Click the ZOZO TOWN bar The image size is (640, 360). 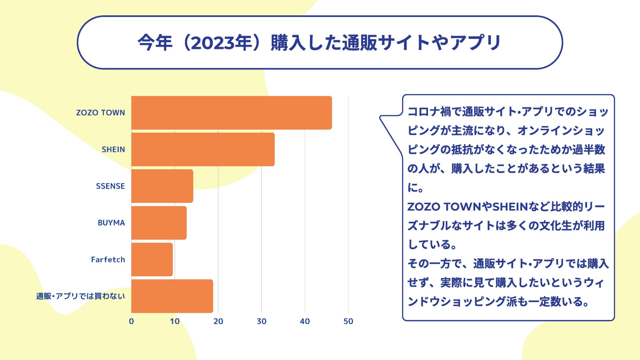click(231, 113)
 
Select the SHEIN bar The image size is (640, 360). click(203, 149)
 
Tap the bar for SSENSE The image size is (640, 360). click(162, 186)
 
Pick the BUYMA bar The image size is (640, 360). click(159, 223)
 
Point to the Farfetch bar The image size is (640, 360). click(152, 259)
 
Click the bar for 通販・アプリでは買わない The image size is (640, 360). click(172, 296)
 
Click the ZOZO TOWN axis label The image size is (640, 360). click(100, 113)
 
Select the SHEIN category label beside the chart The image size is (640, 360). click(113, 149)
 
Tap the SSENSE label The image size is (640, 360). click(110, 186)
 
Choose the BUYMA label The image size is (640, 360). click(111, 223)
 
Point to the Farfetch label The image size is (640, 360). click(108, 259)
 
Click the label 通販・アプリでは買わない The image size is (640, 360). click(80, 296)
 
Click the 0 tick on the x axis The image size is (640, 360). click(131, 321)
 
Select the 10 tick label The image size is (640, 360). click(175, 321)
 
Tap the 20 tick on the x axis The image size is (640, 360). click(218, 321)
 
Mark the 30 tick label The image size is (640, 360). click(261, 321)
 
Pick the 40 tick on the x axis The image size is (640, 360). click(305, 321)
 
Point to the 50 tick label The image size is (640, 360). click(348, 321)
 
